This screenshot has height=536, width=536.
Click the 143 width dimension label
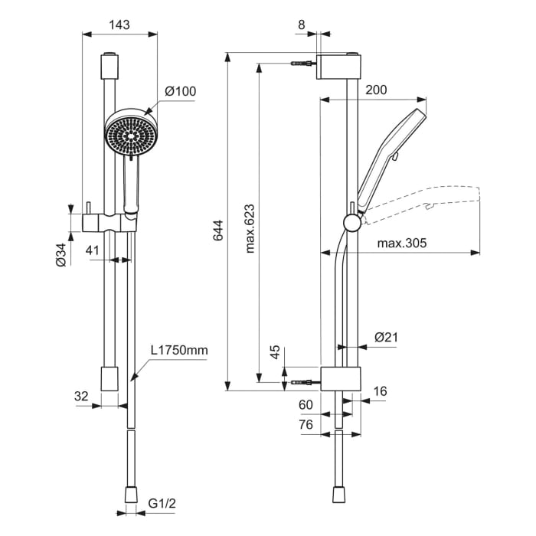coord(119,25)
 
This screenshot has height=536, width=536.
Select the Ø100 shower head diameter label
coord(181,92)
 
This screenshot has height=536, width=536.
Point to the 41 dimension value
coord(93,250)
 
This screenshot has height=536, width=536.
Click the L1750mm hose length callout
coord(178,351)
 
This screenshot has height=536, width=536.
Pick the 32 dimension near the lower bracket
coord(82,396)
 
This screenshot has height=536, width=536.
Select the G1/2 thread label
coord(162,505)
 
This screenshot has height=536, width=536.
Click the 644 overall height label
coord(217,230)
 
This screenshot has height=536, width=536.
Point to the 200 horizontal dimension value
coord(376,90)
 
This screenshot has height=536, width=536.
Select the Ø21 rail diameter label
coord(386,337)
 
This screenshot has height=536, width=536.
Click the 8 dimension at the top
coord(301,25)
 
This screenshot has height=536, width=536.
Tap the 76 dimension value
coord(306,423)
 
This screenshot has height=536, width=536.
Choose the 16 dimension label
coord(380,391)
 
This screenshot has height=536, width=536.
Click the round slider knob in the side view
coord(351,223)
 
